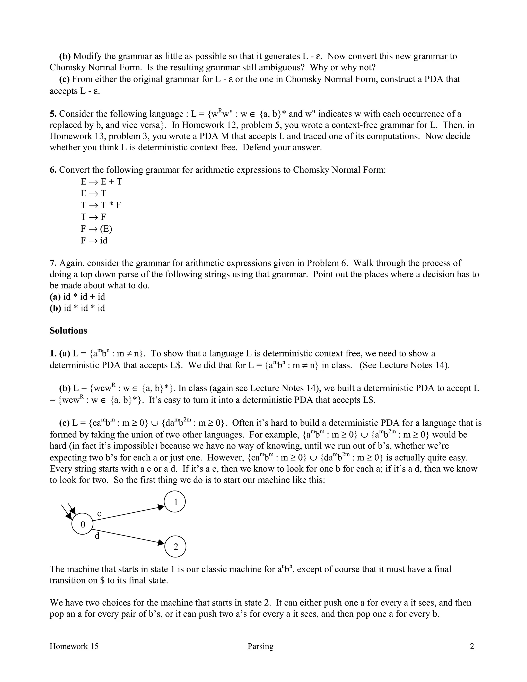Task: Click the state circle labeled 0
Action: coord(82,524)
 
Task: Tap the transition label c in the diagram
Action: coord(99,514)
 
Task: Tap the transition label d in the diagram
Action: coord(97,536)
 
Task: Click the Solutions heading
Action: coord(68,331)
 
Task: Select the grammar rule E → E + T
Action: coord(101,182)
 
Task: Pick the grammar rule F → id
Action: coord(94,240)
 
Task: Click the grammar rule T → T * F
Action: coord(101,205)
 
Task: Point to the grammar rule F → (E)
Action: coord(96,229)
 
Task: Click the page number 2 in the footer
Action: coord(472,646)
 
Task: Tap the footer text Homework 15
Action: coord(74,646)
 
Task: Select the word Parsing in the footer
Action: coord(260,646)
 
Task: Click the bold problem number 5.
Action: coord(53,114)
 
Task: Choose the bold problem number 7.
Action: coord(53,263)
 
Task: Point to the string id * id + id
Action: coord(84,297)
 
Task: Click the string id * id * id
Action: coord(84,308)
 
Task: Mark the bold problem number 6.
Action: coord(53,170)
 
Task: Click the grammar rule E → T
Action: coord(93,194)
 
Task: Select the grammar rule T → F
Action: coord(93,217)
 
